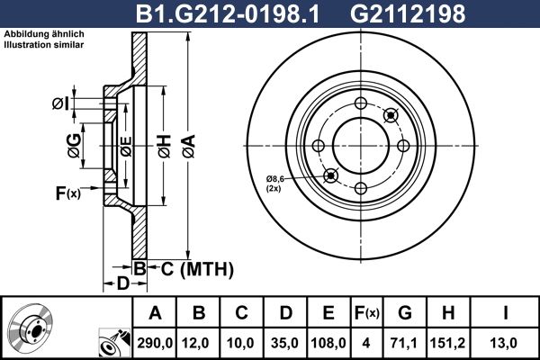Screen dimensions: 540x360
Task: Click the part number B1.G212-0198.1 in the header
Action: [228, 13]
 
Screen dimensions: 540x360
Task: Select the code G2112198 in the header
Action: [408, 13]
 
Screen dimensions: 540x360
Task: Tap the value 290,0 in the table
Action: [155, 343]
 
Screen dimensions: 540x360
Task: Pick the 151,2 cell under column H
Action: [447, 343]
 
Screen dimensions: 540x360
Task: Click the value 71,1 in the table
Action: [405, 343]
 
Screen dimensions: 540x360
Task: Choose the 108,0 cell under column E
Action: [328, 343]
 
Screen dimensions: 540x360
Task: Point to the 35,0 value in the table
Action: [284, 343]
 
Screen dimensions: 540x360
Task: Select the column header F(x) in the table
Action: [367, 313]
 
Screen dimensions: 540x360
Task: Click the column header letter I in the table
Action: [505, 313]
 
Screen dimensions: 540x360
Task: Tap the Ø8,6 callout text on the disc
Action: [274, 179]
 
